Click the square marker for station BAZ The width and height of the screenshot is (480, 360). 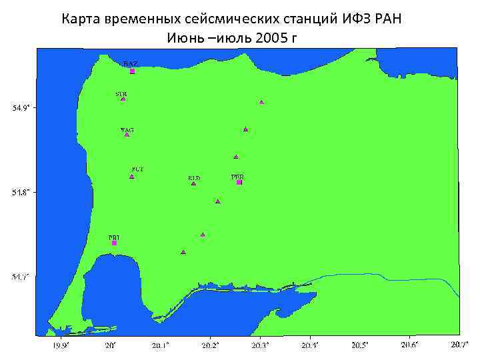[x=132, y=71]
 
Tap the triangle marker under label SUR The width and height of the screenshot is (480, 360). [x=123, y=99]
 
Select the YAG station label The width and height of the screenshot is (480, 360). [x=127, y=129]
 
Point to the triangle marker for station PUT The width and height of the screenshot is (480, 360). [x=132, y=177]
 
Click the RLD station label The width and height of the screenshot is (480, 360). [x=194, y=178]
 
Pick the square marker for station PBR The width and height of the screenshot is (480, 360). [x=239, y=182]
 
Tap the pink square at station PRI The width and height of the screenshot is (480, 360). [x=114, y=243]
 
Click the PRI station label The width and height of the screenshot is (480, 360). [x=114, y=237]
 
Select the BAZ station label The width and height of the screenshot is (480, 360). [x=131, y=63]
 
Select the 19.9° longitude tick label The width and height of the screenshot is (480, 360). [x=61, y=345]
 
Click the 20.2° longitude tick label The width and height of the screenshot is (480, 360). [x=211, y=345]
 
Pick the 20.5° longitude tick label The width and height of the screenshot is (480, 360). [x=360, y=345]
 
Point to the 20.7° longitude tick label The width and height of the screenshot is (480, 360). [x=459, y=345]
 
